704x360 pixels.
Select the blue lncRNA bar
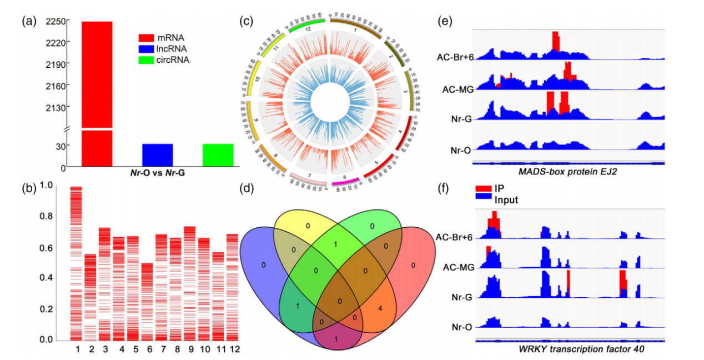click(x=157, y=155)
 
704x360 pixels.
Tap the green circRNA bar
click(x=218, y=155)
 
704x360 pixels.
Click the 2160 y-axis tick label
click(x=58, y=86)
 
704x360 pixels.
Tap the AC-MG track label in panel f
click(x=458, y=267)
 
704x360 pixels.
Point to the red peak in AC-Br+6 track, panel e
click(x=556, y=42)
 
